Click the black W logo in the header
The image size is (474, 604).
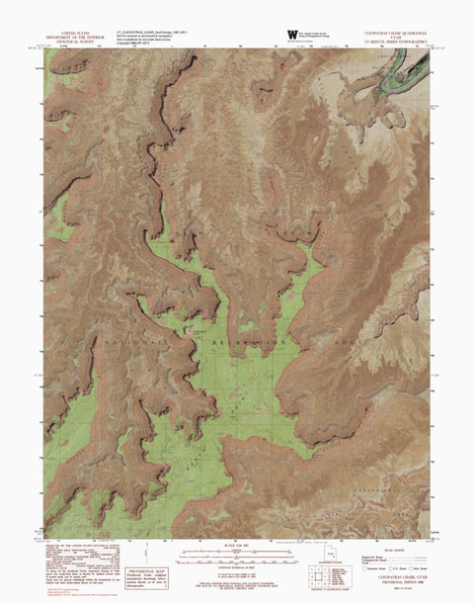coord(291,35)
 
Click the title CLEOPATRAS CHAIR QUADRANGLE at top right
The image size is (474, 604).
coord(394,30)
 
